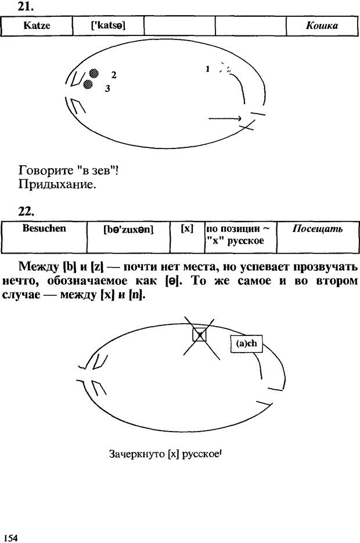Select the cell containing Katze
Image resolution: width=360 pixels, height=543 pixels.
[37, 26]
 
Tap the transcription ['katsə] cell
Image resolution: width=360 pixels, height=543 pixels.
[108, 26]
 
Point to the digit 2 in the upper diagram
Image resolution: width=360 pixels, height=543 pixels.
[114, 75]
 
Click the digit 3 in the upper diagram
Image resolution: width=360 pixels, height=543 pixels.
[107, 89]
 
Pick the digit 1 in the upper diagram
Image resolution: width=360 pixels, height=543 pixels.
[207, 69]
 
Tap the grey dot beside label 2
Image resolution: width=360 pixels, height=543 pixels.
[93, 73]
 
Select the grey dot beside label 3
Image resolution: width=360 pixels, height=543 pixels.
[88, 85]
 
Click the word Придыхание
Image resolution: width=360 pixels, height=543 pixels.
[57, 186]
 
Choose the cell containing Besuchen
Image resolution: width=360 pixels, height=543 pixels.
[44, 228]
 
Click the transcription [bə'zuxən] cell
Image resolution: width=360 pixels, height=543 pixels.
[128, 230]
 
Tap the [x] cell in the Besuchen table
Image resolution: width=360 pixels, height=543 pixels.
[187, 229]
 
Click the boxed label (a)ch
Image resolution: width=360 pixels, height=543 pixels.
[247, 343]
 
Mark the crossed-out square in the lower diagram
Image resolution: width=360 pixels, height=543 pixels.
[199, 334]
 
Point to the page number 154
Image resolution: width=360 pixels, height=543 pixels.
[10, 537]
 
